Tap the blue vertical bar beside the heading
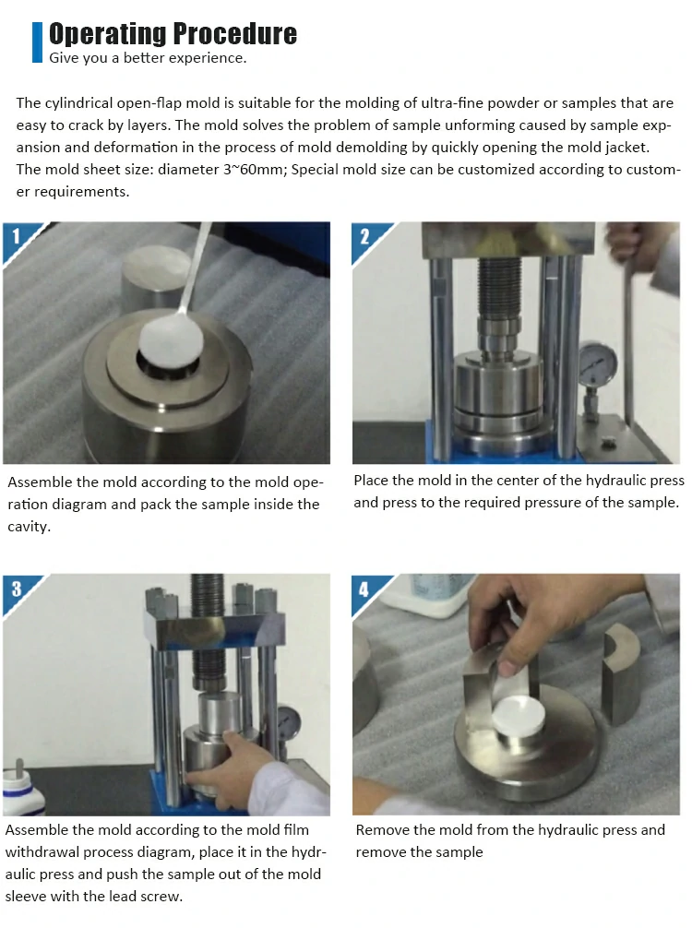tap(37, 42)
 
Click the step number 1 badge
tap(16, 236)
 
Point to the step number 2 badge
tap(364, 237)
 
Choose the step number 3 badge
tap(16, 589)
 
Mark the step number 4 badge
tap(364, 589)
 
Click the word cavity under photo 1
tap(28, 527)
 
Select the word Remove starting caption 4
tap(382, 829)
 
